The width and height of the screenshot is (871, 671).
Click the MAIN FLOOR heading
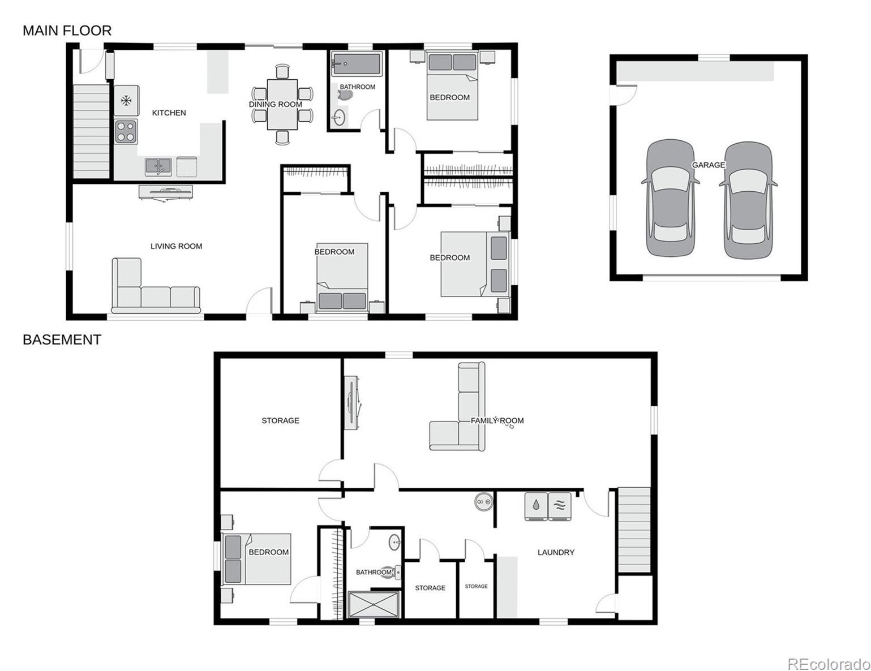(67, 31)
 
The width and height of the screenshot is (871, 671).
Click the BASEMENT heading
(62, 339)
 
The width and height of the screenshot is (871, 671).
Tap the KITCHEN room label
(169, 113)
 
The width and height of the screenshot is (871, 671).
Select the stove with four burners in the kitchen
(126, 131)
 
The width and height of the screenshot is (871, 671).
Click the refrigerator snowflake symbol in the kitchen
(126, 101)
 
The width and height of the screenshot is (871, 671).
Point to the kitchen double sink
(158, 166)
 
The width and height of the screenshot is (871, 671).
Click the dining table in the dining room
(282, 104)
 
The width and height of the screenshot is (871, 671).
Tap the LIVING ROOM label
(176, 246)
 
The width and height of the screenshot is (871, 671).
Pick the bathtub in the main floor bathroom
(357, 64)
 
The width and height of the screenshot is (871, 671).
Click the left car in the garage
(670, 198)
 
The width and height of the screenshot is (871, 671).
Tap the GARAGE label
(708, 165)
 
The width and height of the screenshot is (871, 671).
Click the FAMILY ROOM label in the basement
(497, 420)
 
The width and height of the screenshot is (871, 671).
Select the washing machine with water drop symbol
(536, 506)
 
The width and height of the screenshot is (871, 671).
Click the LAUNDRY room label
(556, 552)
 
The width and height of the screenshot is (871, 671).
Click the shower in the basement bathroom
(374, 605)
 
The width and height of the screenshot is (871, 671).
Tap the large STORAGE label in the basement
(280, 420)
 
